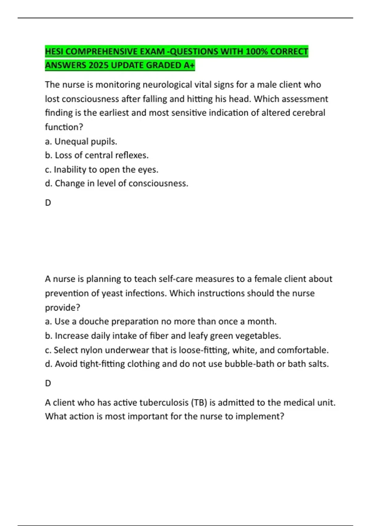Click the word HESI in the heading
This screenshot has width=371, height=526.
coord(54,51)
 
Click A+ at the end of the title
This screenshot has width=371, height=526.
coord(189,65)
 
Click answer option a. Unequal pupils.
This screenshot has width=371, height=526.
coord(81,141)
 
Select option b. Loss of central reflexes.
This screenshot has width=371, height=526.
coord(97,155)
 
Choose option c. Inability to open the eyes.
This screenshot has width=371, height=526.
coord(101,170)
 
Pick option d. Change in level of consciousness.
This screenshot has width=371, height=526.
coord(117,183)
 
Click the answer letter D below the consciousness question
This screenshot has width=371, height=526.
coord(48,203)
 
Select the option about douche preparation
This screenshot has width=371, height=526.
coord(161,321)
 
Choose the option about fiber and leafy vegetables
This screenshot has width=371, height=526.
coord(163,336)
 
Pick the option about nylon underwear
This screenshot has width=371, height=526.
coord(187,350)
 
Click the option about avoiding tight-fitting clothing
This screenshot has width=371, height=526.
coord(187,364)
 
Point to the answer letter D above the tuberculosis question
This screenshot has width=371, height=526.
coord(48,383)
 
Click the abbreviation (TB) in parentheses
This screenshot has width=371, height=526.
coord(199,403)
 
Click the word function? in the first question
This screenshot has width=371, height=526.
coord(64,127)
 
